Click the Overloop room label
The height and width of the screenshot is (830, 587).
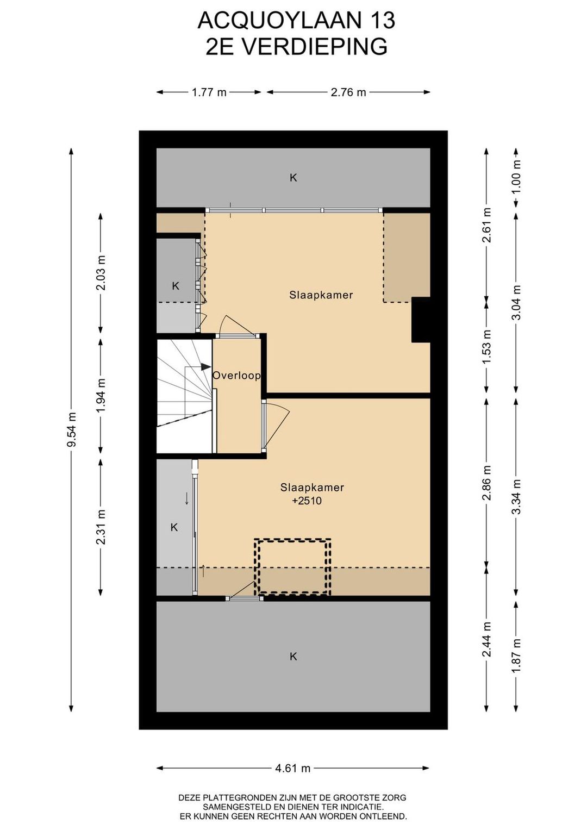tap(236, 376)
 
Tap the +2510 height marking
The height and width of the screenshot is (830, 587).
tap(307, 501)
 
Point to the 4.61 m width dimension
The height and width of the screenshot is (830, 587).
tap(292, 769)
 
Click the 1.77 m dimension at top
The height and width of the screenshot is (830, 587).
tap(209, 92)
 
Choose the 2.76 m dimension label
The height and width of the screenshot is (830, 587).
tap(348, 92)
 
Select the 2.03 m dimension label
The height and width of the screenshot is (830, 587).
tap(101, 273)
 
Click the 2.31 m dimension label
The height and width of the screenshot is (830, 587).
tap(101, 527)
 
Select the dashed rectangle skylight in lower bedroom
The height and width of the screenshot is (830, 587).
tap(292, 567)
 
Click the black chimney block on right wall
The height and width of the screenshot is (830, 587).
tap(421, 320)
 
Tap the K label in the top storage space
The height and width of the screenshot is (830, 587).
tap(293, 178)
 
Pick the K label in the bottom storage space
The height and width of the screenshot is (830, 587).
tap(293, 657)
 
